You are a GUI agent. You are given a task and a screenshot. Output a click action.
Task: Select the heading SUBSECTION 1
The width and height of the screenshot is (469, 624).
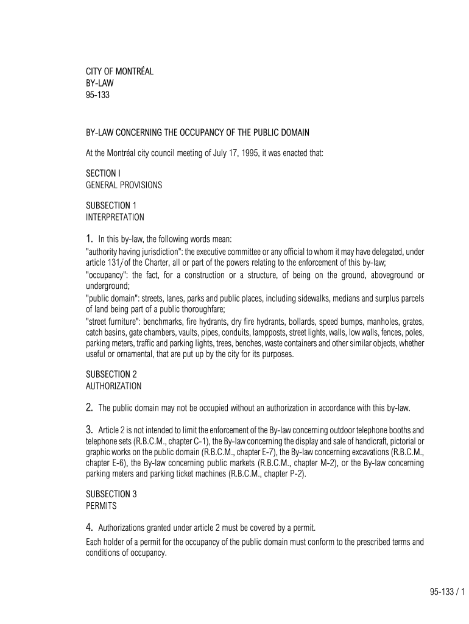point(111,205)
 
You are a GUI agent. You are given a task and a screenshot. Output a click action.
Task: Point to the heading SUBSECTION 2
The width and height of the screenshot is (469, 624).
point(111,374)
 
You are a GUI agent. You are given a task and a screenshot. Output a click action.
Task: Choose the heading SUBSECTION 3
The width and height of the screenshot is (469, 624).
point(111,494)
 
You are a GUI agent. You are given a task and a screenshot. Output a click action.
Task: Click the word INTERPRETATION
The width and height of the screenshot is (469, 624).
point(115,216)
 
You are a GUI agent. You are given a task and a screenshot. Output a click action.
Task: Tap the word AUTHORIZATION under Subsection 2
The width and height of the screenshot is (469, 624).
point(113,386)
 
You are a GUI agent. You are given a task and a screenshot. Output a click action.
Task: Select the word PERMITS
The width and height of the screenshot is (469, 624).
point(100,505)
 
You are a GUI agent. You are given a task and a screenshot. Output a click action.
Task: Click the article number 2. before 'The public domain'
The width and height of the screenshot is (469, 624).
point(89,407)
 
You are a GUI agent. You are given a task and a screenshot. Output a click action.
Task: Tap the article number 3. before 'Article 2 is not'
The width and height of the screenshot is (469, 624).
point(89,429)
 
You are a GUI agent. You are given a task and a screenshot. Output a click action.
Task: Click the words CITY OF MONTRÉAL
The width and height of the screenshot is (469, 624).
point(119,72)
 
